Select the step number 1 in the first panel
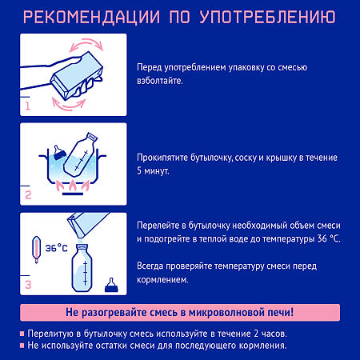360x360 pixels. pos(27,104)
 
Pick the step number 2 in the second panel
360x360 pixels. pos(27,194)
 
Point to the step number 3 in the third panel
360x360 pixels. pos(28,283)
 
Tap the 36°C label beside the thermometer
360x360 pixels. pos(56,248)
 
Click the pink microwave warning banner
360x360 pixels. pos(180,312)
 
